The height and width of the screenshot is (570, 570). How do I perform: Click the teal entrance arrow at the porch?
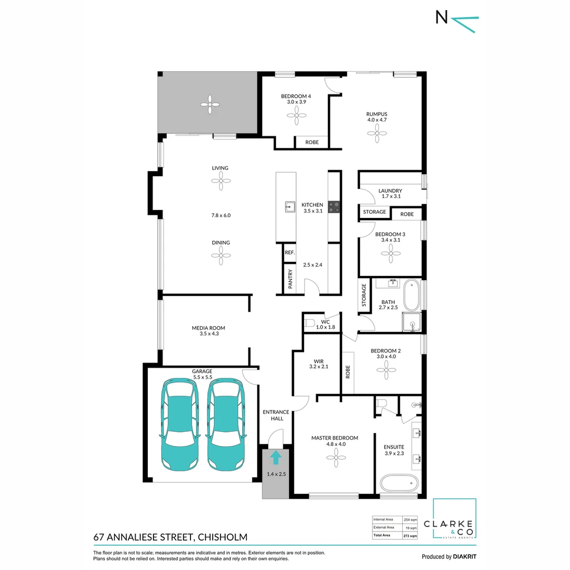(x=275, y=457)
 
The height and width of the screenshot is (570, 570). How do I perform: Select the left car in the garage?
(x=179, y=424)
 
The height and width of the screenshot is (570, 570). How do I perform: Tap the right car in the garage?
(x=226, y=424)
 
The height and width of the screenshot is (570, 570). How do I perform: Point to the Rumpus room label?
(x=377, y=113)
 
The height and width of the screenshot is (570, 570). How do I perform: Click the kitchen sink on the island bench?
(x=289, y=206)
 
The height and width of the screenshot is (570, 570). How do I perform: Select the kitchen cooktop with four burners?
(x=334, y=206)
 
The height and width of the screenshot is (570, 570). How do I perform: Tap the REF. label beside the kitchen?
(x=289, y=253)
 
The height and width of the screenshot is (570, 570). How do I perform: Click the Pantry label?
(x=290, y=279)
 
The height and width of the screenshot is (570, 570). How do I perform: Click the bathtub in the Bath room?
(x=412, y=296)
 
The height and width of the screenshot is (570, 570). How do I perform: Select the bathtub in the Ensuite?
(x=400, y=482)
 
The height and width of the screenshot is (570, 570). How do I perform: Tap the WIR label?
(x=318, y=362)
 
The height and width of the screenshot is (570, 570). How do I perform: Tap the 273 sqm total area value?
(x=410, y=535)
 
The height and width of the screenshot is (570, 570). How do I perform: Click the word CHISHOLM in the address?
(x=222, y=537)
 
